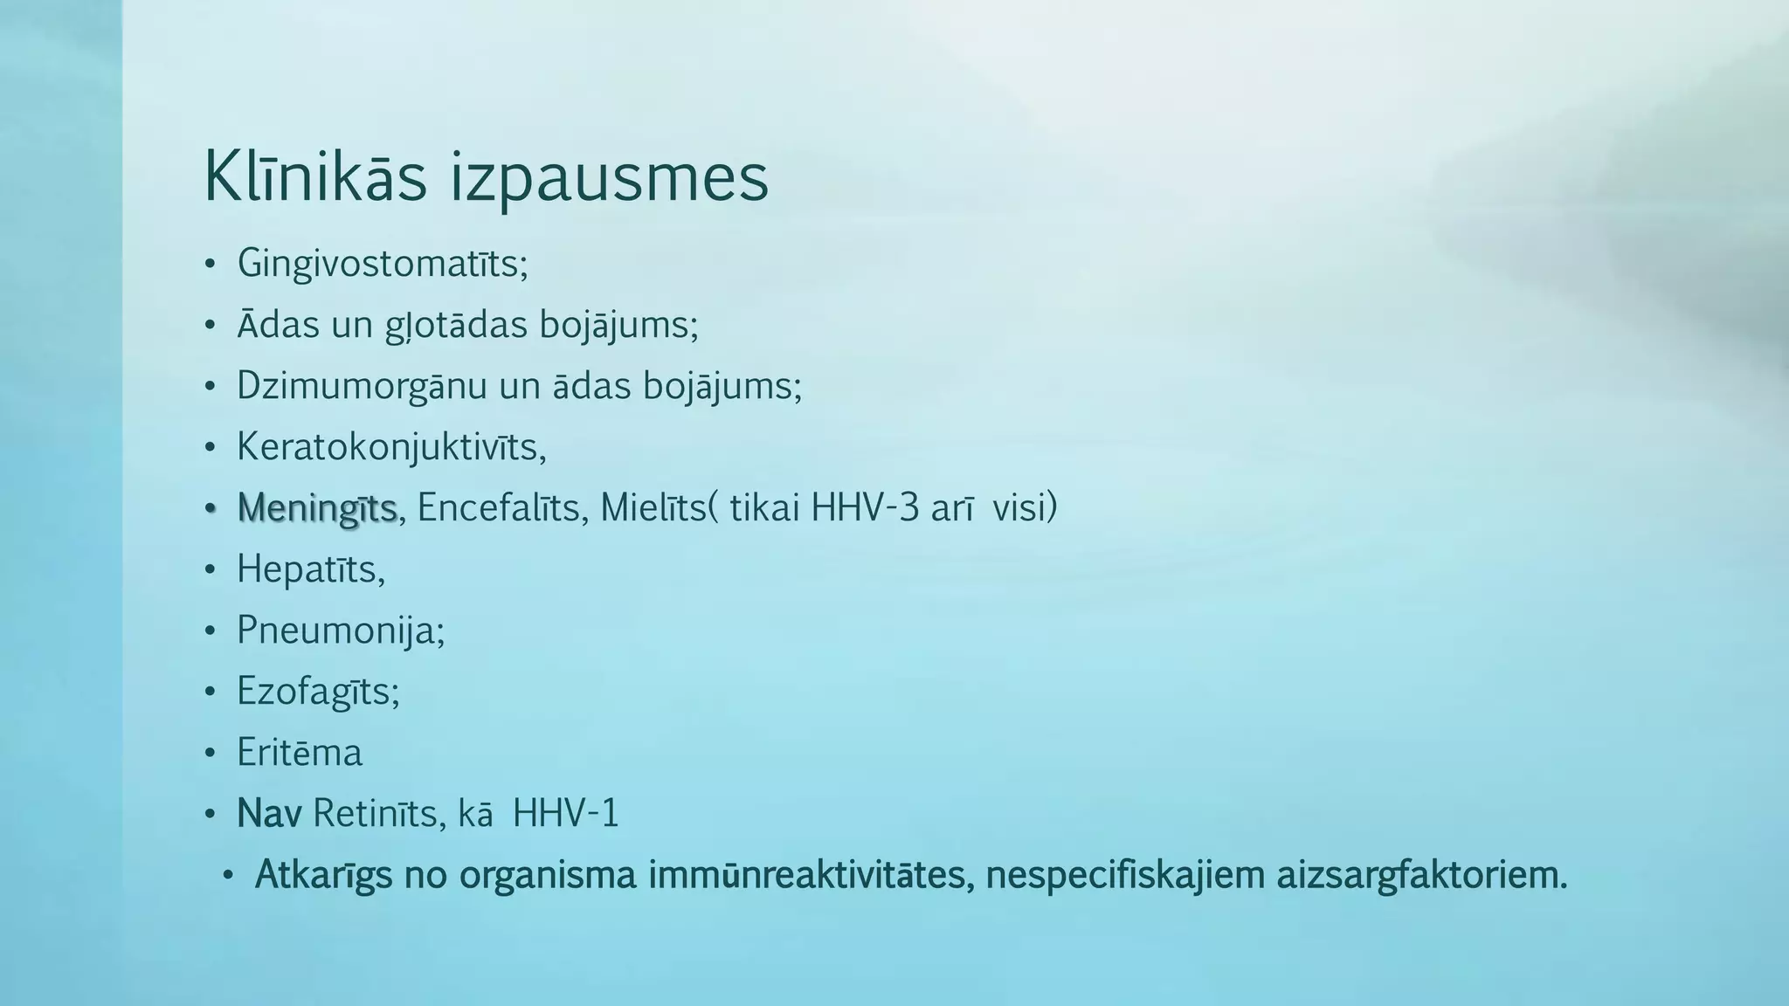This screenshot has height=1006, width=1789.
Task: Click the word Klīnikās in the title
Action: [x=315, y=177]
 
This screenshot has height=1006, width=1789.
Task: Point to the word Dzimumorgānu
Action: [x=362, y=387]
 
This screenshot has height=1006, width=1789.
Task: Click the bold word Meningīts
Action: [x=317, y=509]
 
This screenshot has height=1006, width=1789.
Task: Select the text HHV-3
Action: [x=865, y=507]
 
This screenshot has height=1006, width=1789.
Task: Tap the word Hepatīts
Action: [x=308, y=570]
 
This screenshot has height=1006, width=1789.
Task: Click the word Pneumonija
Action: [x=339, y=631]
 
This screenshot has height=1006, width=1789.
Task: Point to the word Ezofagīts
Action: [x=316, y=692]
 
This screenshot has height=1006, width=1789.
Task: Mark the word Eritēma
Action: [x=299, y=753]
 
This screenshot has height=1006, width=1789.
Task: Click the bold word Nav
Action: [x=269, y=814]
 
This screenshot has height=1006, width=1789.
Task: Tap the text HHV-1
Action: [x=565, y=814]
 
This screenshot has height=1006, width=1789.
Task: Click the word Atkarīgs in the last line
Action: [x=323, y=876]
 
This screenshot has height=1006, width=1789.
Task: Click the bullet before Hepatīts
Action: [x=210, y=570]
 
